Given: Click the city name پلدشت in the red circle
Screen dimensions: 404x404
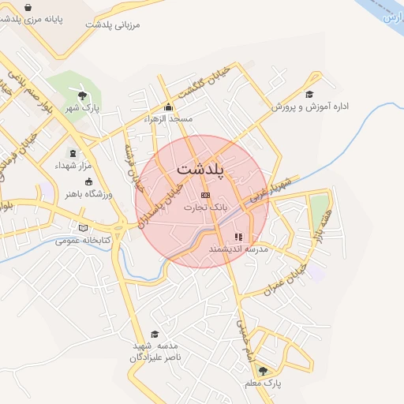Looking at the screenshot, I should [x=201, y=170].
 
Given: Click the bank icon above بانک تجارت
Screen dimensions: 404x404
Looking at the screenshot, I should [x=206, y=195].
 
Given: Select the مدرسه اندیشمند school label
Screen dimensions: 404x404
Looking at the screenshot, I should [x=239, y=249].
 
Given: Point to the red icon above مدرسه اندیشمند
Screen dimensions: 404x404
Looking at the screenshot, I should [x=238, y=236].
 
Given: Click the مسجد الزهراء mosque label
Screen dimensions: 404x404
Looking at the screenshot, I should [x=169, y=118].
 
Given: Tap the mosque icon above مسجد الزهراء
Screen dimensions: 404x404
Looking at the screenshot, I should [x=167, y=107].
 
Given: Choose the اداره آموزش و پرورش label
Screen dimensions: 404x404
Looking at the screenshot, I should [x=310, y=106].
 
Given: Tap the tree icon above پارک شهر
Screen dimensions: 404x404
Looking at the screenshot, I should [x=82, y=95].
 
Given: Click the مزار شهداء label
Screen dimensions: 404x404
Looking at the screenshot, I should [x=73, y=166].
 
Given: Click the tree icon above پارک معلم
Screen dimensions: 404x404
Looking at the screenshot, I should [x=263, y=370].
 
